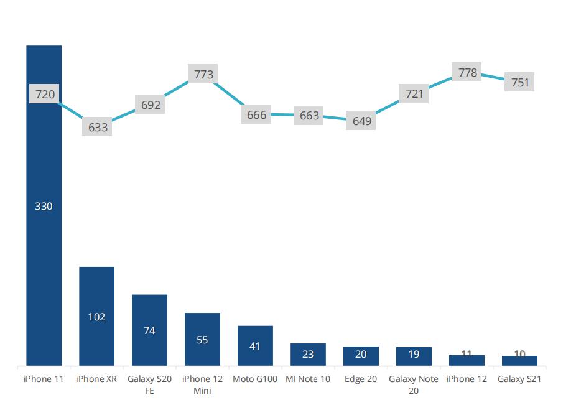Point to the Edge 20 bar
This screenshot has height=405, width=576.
pos(361,356)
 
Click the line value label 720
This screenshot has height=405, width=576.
pos(45,95)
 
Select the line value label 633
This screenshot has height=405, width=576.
pos(98,128)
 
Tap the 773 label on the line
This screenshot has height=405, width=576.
pos(203,75)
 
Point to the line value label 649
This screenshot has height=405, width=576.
pos(361,121)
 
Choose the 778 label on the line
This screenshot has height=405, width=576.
pos(468,73)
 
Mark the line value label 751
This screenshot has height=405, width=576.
pos(519,82)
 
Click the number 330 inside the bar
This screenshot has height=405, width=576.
pos(44,206)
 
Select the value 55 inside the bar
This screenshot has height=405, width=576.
pos(202,340)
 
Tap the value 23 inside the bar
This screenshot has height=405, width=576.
pos(308,355)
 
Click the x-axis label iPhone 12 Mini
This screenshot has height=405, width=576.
pos(202,384)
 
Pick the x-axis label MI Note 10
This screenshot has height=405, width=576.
pos(308,379)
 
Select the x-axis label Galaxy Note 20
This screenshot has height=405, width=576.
pos(414,384)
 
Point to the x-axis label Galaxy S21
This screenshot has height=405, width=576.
pos(519,379)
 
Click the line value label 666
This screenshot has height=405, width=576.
pos(256,115)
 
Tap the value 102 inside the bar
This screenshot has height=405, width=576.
pos(96,317)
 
